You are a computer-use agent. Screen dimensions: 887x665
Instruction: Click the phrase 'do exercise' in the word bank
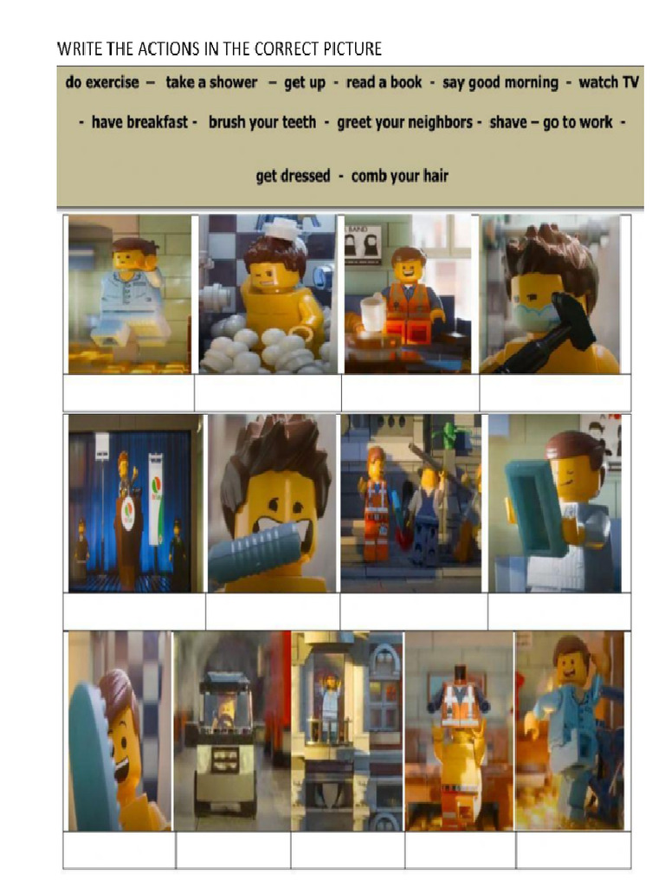(101, 82)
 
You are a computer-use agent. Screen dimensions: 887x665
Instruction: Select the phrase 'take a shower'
(211, 82)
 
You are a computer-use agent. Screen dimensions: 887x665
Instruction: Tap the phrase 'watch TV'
(609, 82)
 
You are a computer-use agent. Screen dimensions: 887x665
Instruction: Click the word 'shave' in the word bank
(507, 122)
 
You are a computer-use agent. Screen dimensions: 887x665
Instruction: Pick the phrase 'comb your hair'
(400, 176)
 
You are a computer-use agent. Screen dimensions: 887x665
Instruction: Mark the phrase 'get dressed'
(293, 176)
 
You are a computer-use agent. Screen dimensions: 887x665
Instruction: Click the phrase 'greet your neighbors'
(404, 122)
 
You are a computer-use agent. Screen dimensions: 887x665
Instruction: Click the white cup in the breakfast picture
(373, 314)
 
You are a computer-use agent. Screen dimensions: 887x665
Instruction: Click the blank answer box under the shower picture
(268, 393)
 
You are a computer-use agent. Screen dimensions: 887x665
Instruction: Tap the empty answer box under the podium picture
(134, 612)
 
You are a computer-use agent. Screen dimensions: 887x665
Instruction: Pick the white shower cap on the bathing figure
(280, 229)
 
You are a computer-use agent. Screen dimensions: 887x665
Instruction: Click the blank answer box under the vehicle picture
(233, 851)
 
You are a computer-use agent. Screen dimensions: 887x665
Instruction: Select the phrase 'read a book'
(384, 82)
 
